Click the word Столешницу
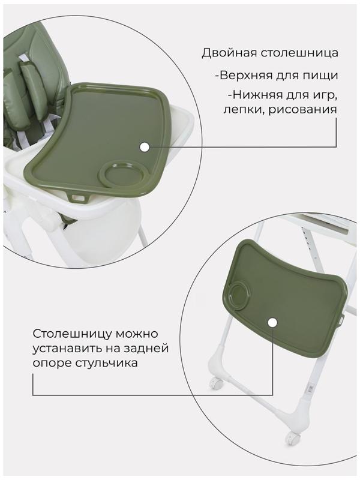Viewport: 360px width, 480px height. (x=74, y=333)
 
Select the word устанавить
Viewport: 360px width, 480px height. (x=68, y=349)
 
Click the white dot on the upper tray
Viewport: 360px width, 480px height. (x=144, y=146)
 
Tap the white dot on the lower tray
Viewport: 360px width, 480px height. (x=272, y=323)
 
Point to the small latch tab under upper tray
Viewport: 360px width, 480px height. (x=76, y=197)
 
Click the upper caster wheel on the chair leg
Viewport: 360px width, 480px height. (x=215, y=382)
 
